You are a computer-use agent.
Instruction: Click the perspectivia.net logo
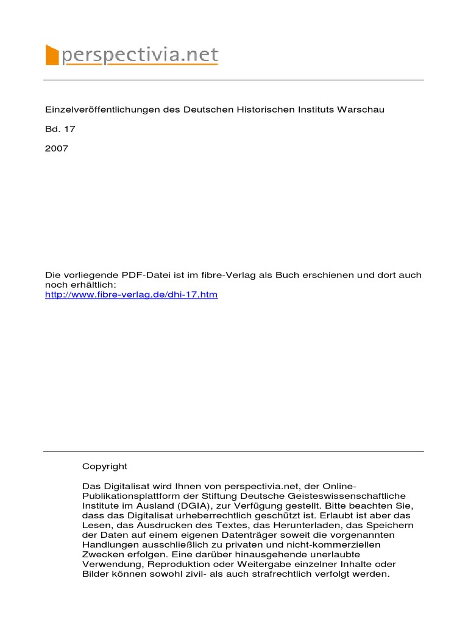[132, 55]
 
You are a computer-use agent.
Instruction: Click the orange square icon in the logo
[52, 55]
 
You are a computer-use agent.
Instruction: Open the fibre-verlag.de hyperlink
[132, 295]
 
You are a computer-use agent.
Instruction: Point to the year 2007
[57, 148]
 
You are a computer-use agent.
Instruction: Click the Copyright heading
[105, 467]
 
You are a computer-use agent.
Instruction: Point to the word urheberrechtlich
[203, 515]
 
